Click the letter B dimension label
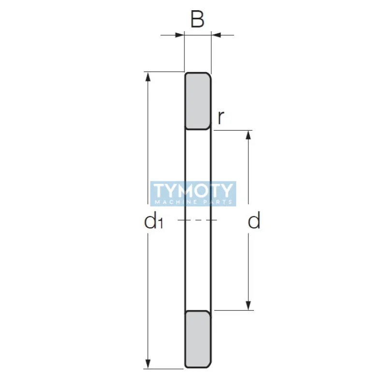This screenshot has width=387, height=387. point(197,20)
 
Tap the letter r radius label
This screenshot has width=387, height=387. point(221,118)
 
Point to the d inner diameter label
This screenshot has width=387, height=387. point(254,222)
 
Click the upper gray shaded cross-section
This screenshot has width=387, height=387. point(197,101)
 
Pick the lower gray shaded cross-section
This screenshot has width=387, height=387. point(197,339)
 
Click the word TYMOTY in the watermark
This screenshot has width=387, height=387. point(193,190)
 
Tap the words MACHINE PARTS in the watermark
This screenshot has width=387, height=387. point(193,202)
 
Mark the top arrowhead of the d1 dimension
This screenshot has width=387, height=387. point(149,77)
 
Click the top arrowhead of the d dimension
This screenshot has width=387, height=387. point(249,135)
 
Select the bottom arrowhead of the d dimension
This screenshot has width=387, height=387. point(249,305)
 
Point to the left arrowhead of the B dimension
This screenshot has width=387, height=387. point(180,35)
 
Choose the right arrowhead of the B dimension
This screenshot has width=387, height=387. point(216,35)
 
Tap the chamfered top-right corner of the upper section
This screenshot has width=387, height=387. point(209,74)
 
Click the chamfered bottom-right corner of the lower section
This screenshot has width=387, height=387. point(209,366)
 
